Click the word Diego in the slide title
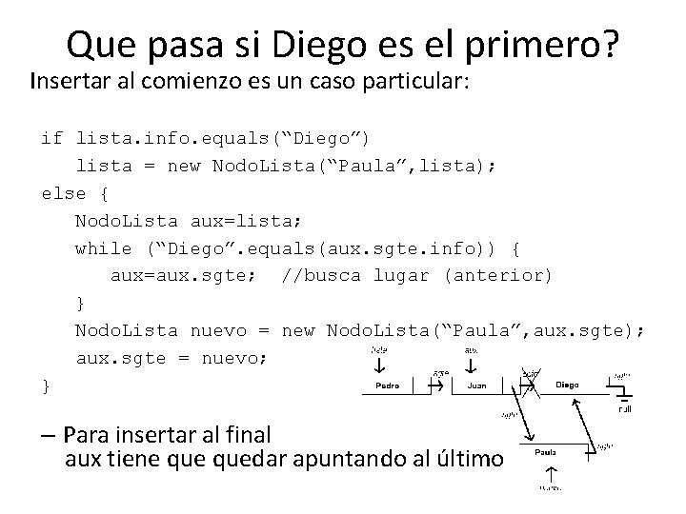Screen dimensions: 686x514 coord(323,43)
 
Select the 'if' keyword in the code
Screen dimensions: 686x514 coord(52,138)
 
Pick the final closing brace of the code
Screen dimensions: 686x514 coord(46,385)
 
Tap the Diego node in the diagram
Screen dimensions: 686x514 coord(567,385)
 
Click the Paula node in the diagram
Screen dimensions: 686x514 coord(546,452)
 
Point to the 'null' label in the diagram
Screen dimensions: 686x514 coord(625,410)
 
